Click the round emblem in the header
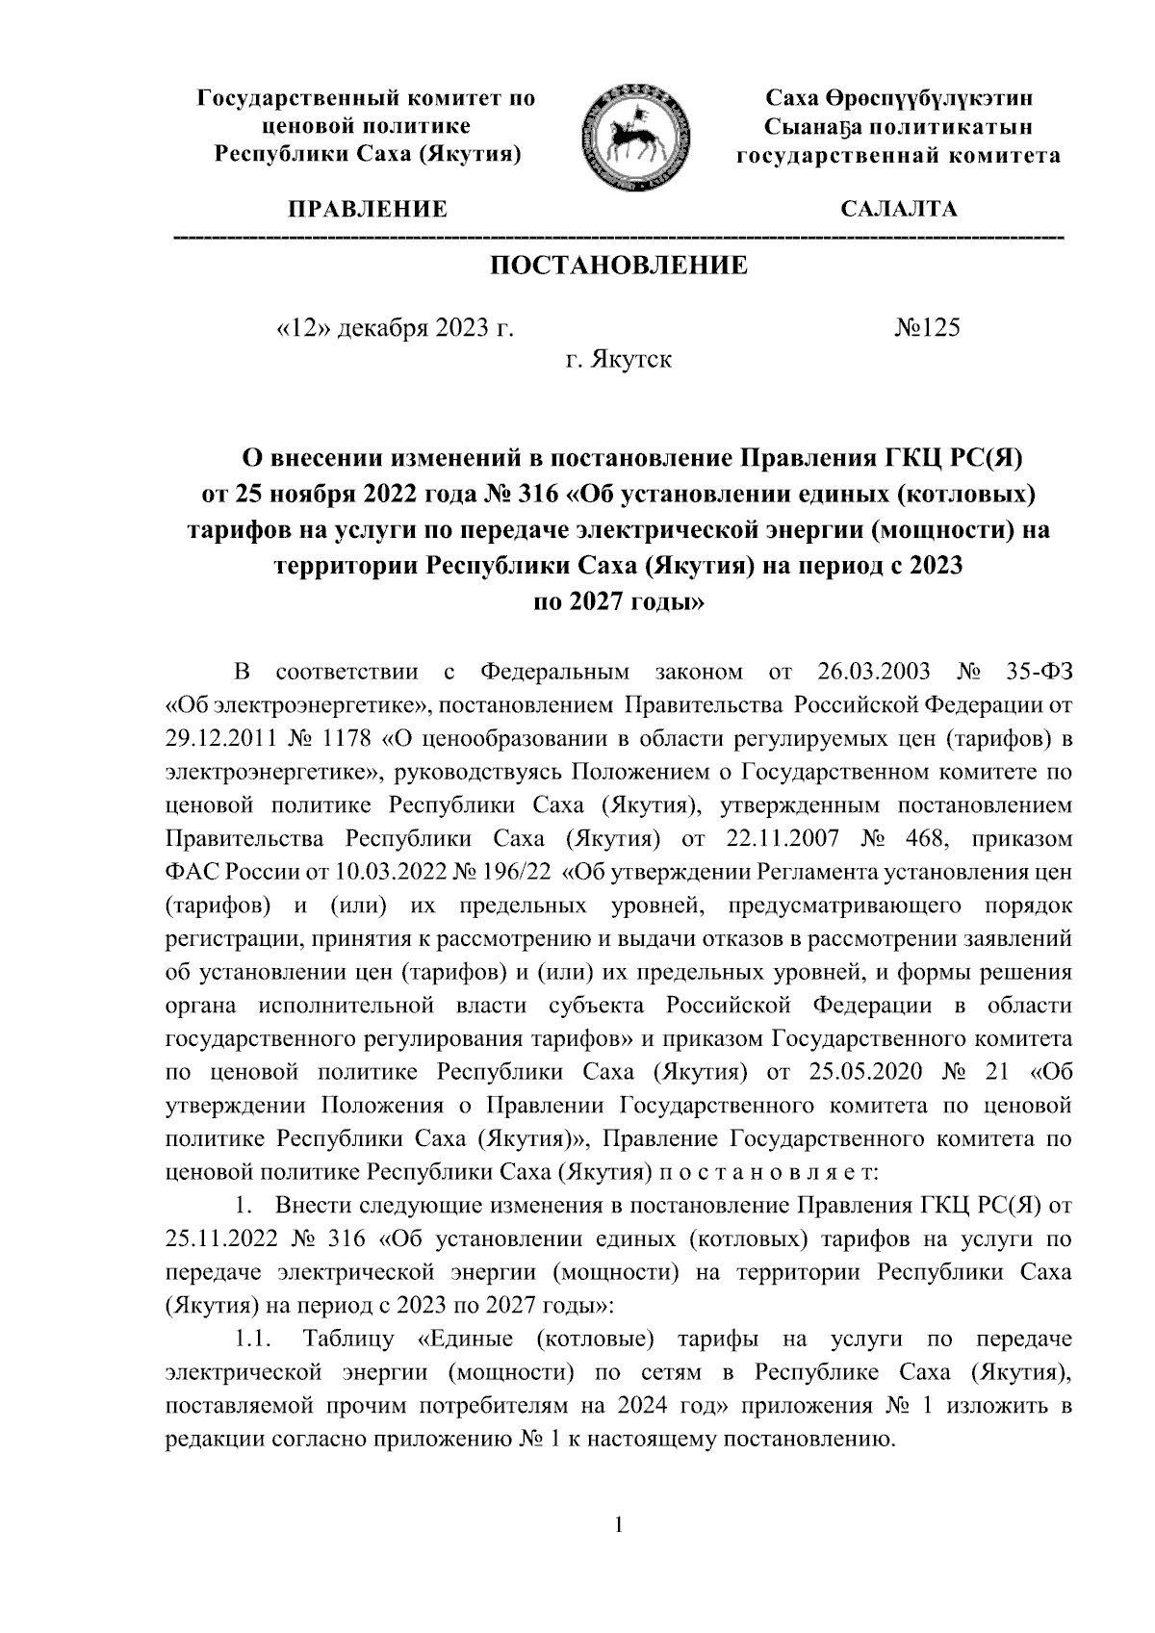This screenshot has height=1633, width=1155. (634, 137)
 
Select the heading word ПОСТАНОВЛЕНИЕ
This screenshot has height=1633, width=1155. (618, 266)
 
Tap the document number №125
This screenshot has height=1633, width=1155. (928, 328)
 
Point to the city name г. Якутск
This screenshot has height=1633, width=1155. (618, 362)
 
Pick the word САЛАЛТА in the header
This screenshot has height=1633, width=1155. (899, 209)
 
